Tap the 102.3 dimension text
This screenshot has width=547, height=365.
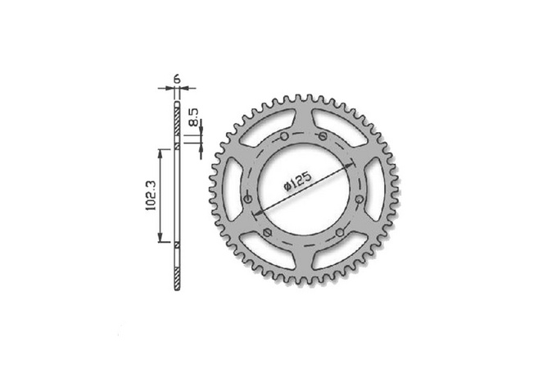tap(150, 196)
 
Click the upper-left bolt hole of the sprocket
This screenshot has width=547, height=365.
tap(282, 136)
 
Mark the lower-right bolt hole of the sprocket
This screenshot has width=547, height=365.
tap(337, 236)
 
